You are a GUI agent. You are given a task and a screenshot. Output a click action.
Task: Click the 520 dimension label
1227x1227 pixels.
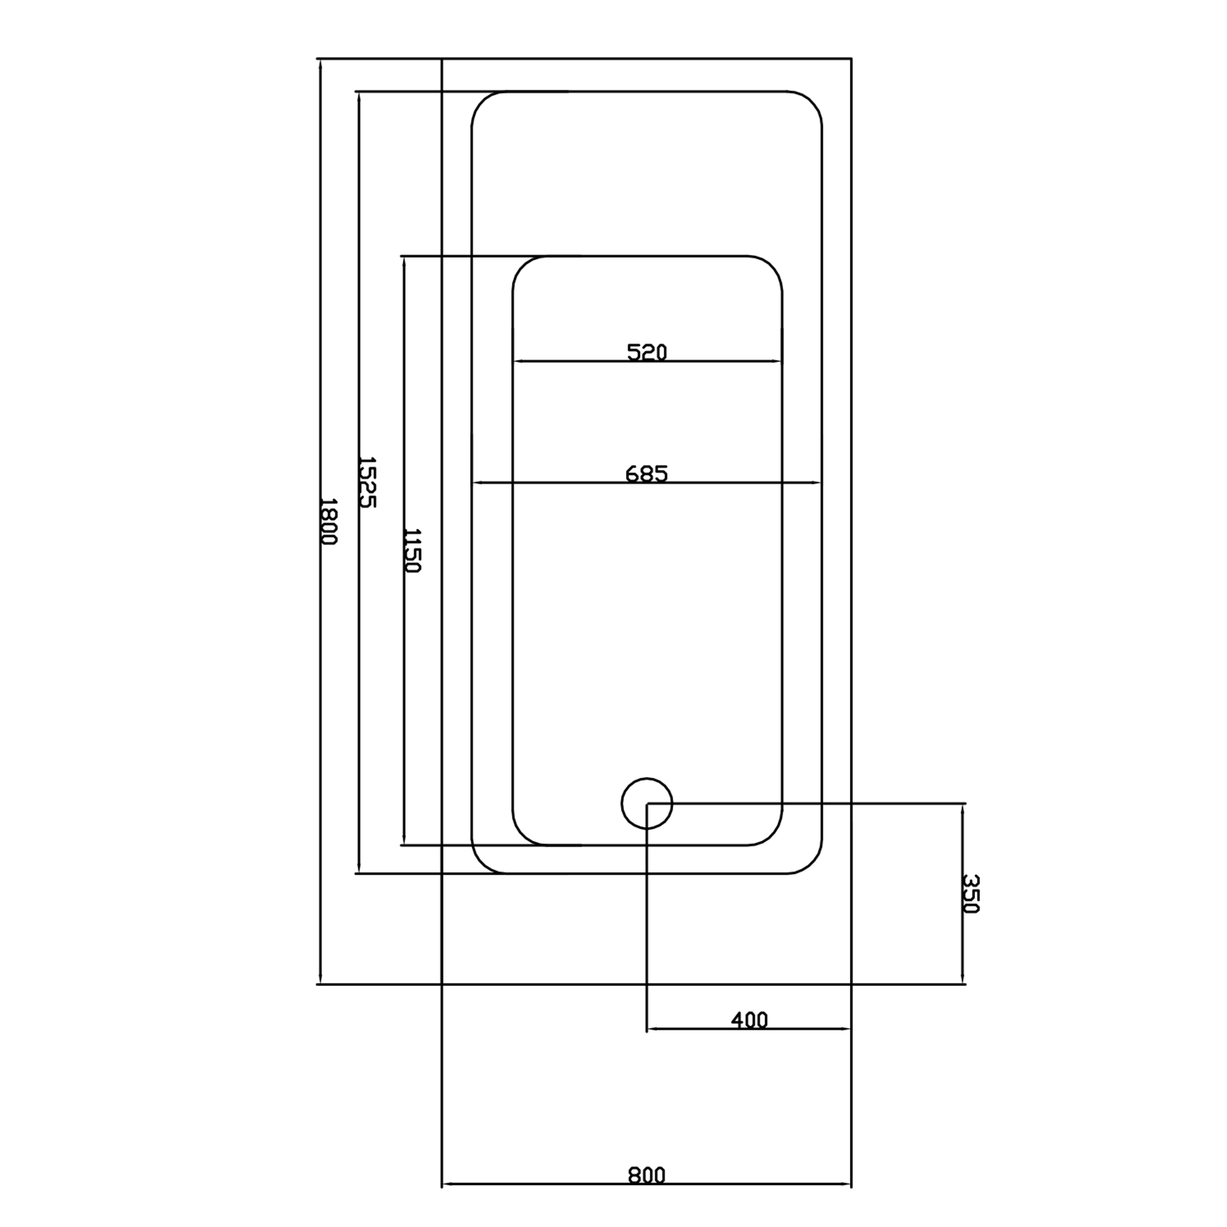(647, 352)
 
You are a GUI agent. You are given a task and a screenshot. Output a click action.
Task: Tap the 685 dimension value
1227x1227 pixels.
(647, 474)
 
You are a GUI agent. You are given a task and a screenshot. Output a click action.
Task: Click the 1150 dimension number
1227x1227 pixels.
(411, 550)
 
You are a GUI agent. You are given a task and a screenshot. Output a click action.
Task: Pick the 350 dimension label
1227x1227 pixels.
(971, 894)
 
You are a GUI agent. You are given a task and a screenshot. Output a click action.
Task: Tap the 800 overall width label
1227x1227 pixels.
(647, 1175)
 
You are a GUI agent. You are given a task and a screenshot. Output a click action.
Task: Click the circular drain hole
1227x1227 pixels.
(647, 804)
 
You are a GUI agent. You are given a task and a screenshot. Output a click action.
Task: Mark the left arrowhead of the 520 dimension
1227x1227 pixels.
(517, 362)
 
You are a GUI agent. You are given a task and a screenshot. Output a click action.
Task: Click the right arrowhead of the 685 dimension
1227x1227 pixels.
(817, 483)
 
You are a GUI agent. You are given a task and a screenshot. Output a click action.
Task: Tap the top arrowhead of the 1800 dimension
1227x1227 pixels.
(321, 63)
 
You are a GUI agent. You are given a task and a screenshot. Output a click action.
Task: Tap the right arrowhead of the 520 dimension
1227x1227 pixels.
(777, 362)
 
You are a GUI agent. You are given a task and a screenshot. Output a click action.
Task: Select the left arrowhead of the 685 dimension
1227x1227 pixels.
(477, 483)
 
